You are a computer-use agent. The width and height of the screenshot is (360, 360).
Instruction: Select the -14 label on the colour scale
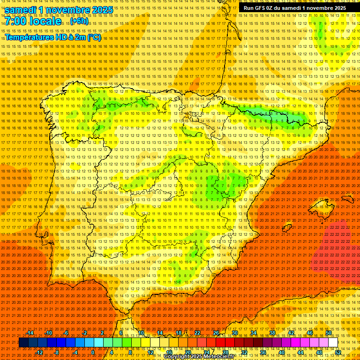point(30,333)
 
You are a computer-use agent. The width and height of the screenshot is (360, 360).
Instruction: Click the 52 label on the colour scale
point(338,352)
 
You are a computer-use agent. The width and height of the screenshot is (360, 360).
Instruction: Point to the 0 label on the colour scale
point(93,352)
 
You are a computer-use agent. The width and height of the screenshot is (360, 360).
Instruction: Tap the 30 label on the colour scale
point(235,333)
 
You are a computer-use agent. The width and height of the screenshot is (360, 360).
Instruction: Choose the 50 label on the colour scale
point(329,333)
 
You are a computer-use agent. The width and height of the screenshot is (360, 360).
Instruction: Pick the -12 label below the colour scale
point(39,352)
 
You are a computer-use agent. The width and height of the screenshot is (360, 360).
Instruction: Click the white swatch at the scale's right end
point(333,343)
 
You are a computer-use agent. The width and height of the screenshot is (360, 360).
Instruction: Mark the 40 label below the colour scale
point(282,352)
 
